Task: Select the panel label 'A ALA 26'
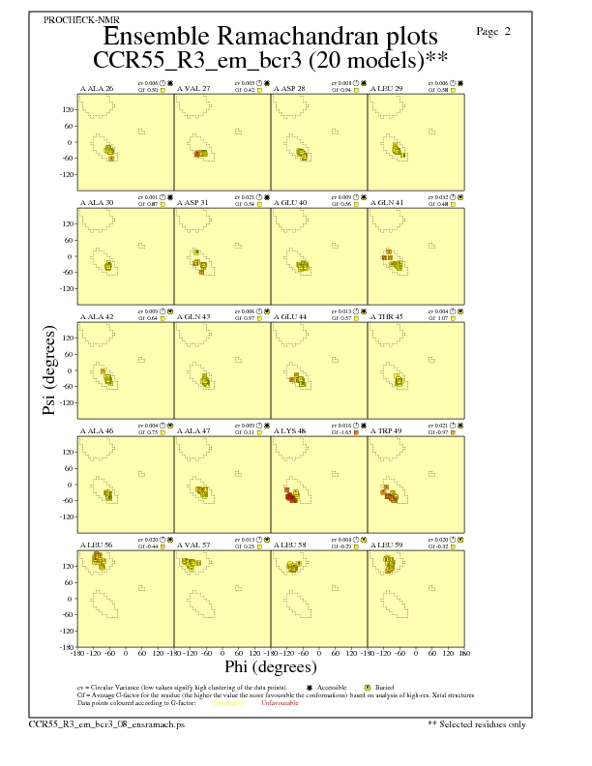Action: coord(97,88)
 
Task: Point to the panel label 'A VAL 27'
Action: coord(193,88)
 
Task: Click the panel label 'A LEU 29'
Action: coord(387,88)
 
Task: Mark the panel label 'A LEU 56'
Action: coord(97,545)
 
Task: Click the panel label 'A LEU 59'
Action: coord(387,545)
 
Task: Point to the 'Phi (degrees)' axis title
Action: coord(270,666)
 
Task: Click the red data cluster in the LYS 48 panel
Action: coord(290,495)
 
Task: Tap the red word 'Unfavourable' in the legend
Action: coord(279,703)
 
